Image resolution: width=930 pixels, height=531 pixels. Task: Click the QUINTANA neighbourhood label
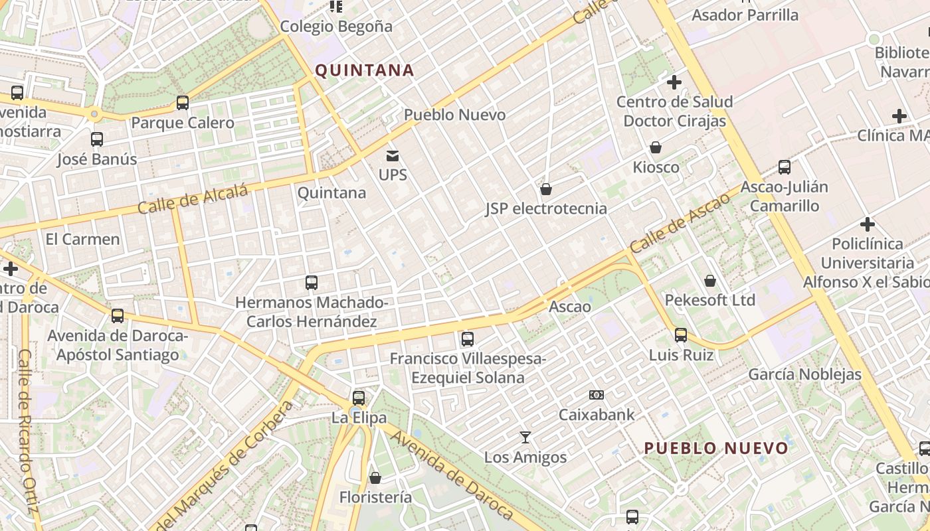pyautogui.click(x=364, y=70)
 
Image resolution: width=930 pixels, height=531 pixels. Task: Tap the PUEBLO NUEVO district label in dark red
pyautogui.click(x=716, y=448)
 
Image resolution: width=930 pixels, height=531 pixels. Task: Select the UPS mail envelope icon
pyautogui.click(x=393, y=157)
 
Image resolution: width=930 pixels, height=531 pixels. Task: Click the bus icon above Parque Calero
pyautogui.click(x=183, y=103)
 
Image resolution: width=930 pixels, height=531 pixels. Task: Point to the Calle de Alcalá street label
pyautogui.click(x=193, y=198)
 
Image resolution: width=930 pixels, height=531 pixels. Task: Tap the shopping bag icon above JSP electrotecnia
pyautogui.click(x=546, y=190)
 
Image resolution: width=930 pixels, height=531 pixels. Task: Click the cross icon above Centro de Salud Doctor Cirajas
pyautogui.click(x=674, y=82)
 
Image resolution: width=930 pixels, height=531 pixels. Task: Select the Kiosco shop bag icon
pyautogui.click(x=656, y=147)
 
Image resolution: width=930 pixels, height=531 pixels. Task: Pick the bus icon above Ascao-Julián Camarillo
pyautogui.click(x=785, y=167)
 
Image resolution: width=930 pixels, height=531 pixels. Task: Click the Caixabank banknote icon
pyautogui.click(x=597, y=395)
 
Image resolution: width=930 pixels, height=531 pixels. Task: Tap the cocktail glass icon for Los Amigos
pyautogui.click(x=525, y=437)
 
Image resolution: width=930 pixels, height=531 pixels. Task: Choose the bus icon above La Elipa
pyautogui.click(x=359, y=398)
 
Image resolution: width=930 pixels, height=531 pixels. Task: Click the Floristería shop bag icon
pyautogui.click(x=375, y=478)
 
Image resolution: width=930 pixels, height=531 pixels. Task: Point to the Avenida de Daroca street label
pyautogui.click(x=452, y=475)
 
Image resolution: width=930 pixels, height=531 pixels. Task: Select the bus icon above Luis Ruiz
pyautogui.click(x=681, y=335)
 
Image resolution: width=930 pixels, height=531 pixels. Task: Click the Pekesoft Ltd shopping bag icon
pyautogui.click(x=710, y=281)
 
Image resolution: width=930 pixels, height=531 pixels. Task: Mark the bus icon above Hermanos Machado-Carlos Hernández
pyautogui.click(x=312, y=283)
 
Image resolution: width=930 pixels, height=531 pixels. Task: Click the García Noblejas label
pyautogui.click(x=804, y=374)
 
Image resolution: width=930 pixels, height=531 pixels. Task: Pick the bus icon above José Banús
pyautogui.click(x=97, y=139)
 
